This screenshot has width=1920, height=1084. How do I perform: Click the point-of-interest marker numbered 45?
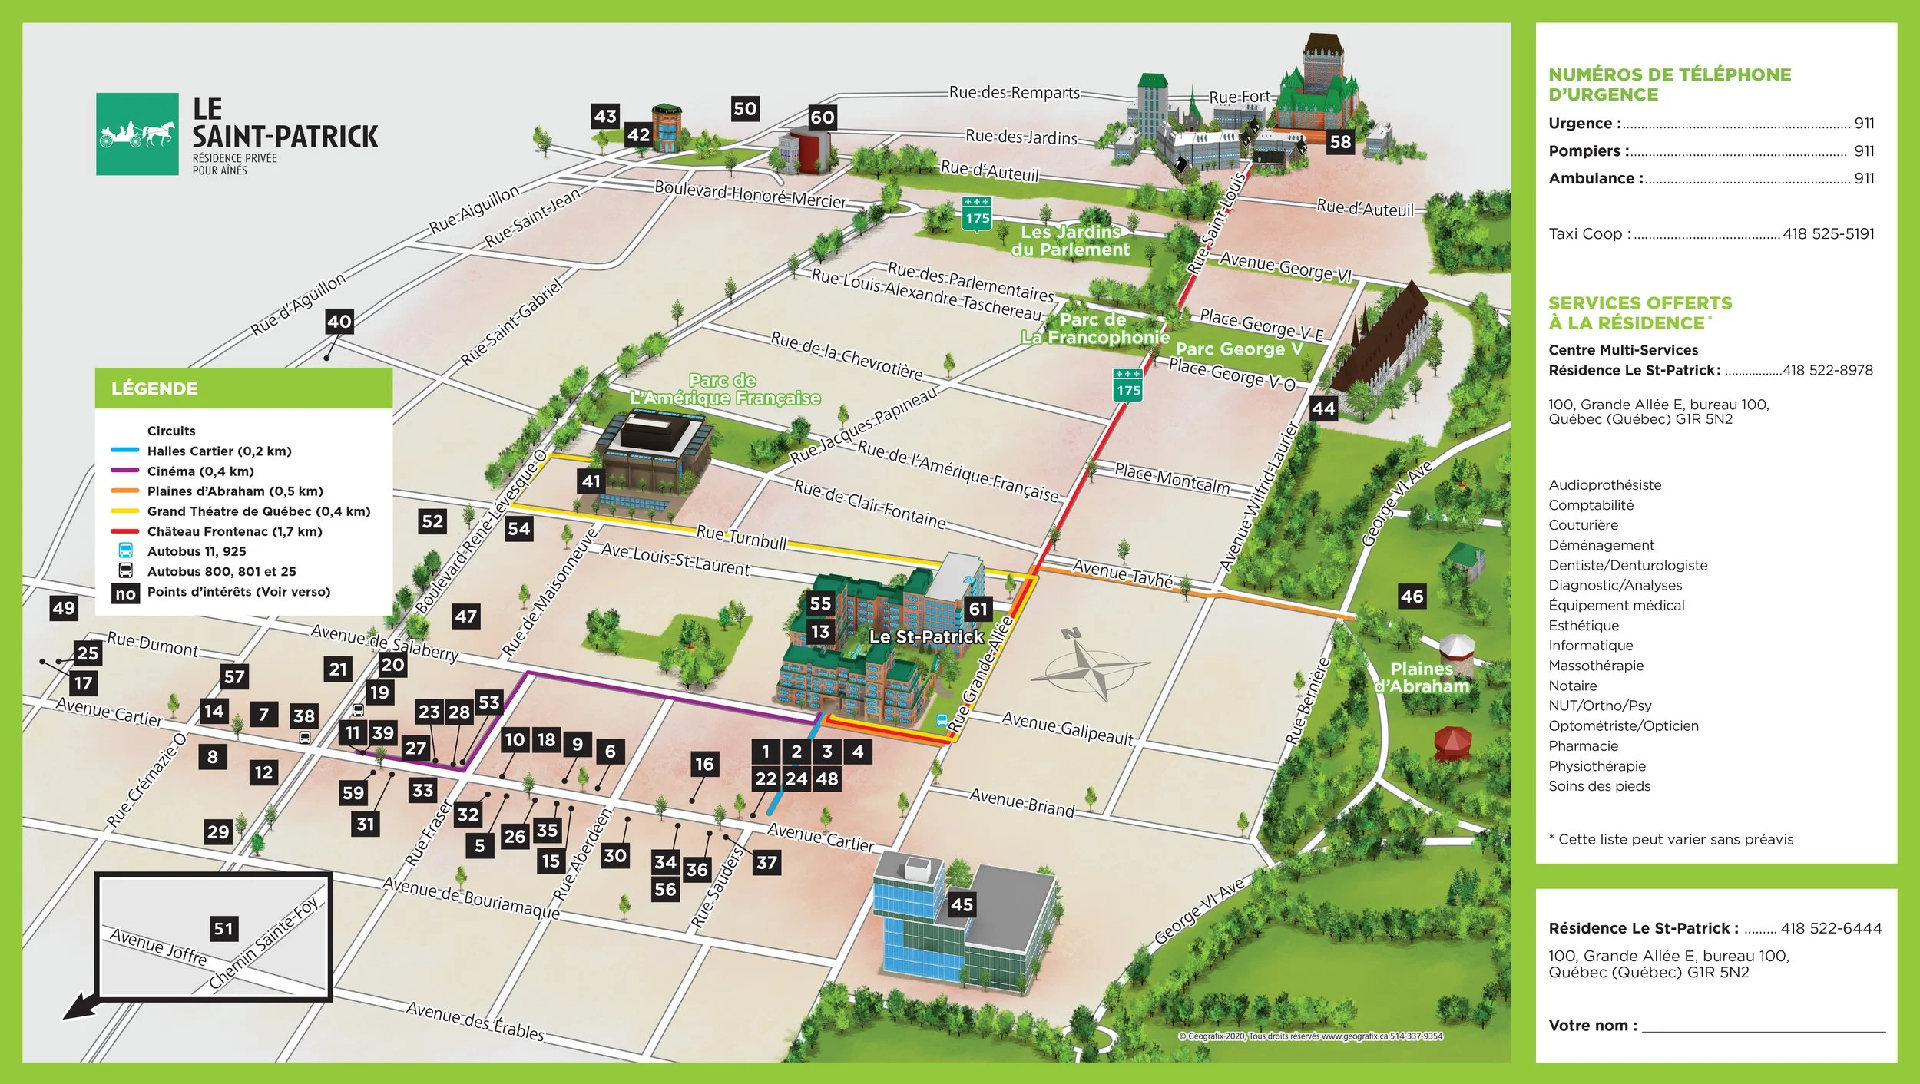(x=962, y=904)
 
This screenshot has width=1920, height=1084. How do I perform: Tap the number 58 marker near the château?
(x=1340, y=142)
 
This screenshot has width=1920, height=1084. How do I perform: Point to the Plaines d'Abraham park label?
(x=1421, y=678)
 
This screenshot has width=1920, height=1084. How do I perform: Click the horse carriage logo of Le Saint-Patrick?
(x=137, y=134)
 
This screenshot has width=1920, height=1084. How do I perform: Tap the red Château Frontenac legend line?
(x=124, y=531)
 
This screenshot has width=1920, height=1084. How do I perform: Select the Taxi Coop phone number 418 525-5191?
(x=1828, y=234)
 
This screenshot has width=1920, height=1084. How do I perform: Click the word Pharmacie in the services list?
(x=1583, y=746)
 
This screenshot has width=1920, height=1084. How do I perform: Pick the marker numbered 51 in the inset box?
(x=223, y=929)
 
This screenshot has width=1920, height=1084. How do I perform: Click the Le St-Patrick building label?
(x=925, y=636)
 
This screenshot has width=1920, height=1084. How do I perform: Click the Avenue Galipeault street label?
(x=1068, y=728)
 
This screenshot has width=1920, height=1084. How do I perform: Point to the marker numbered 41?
(x=591, y=481)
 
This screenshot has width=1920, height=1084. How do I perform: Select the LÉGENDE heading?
(x=154, y=388)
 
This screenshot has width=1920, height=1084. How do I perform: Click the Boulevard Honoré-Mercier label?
(x=750, y=195)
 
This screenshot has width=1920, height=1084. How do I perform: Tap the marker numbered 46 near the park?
(x=1412, y=596)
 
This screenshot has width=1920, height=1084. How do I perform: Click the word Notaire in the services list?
(x=1572, y=686)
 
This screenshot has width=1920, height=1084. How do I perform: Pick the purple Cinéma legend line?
(x=124, y=471)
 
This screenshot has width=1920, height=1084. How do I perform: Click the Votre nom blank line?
(x=1763, y=1030)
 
